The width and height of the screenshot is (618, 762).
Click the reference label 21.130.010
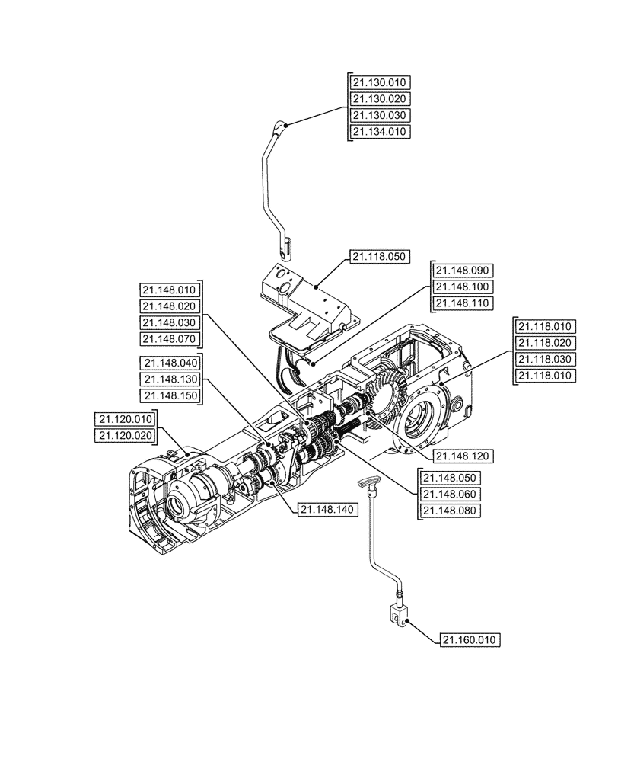pyautogui.click(x=381, y=82)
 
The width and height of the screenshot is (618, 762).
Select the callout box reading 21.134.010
pyautogui.click(x=381, y=132)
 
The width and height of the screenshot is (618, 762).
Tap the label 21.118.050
pyautogui.click(x=381, y=258)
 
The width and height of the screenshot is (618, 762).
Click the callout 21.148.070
pyautogui.click(x=169, y=339)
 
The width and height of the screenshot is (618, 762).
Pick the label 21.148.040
pyautogui.click(x=169, y=363)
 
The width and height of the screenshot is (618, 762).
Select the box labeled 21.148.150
pyautogui.click(x=169, y=395)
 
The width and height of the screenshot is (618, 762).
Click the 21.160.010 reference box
pyautogui.click(x=471, y=640)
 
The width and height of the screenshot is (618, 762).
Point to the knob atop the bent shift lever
pyautogui.click(x=281, y=127)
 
